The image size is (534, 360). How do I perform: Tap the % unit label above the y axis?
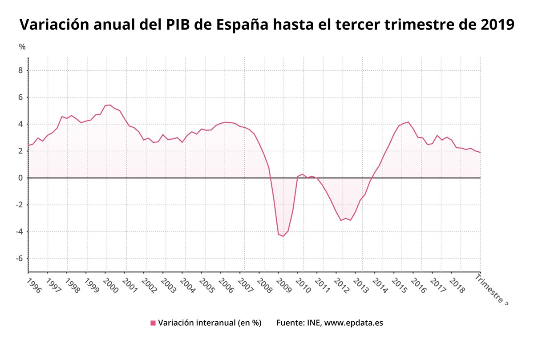point(22,47)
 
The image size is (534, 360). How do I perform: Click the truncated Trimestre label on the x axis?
point(491,289)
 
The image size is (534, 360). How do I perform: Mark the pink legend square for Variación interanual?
point(153,323)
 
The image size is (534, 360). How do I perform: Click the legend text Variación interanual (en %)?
point(209,323)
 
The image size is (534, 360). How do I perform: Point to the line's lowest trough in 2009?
point(283,236)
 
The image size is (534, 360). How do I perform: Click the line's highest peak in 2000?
point(110,105)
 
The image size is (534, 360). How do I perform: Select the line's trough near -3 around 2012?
point(341,220)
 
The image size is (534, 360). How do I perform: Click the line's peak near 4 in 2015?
point(408,122)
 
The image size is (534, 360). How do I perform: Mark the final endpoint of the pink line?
point(480,153)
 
